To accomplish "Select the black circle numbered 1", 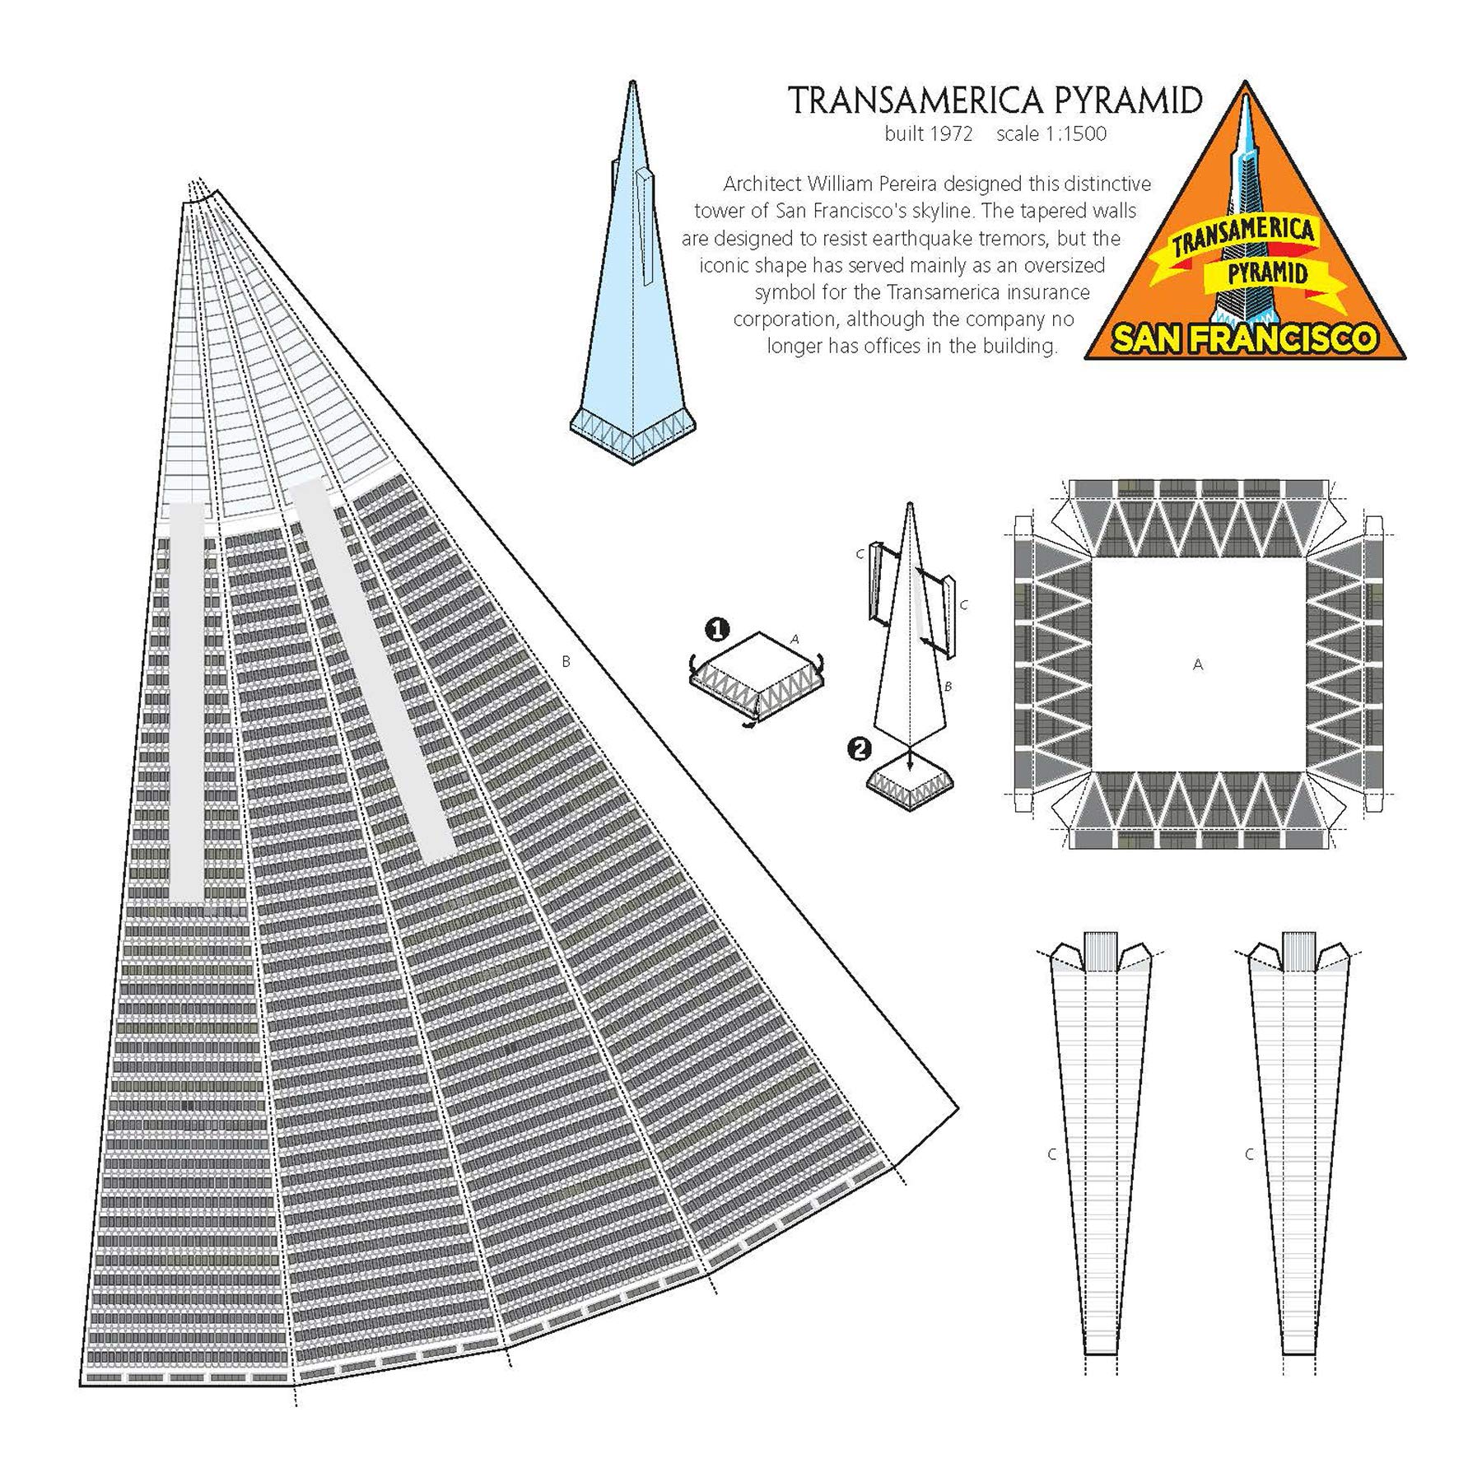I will pos(718,631).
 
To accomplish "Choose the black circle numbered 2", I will pos(860,749).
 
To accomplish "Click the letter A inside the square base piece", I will pos(1198,664).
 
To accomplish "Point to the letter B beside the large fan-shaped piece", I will pos(566,661).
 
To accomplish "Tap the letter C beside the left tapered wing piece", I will pos(1051,1154).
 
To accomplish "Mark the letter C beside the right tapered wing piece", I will pos(1249,1154).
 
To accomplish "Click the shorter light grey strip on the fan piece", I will pos(187,700).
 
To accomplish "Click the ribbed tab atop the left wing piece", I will pos(1100,951).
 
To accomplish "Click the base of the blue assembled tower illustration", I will pos(632,433).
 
